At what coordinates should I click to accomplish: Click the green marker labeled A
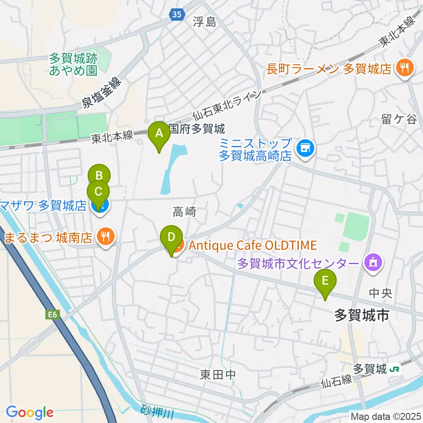click(160, 132)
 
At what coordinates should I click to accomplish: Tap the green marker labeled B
click(99, 176)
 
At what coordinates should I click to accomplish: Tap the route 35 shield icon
click(177, 15)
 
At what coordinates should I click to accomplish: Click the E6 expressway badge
click(52, 314)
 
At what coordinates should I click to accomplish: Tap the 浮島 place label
click(204, 22)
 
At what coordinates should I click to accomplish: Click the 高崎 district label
click(184, 212)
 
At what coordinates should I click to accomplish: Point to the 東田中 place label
click(218, 375)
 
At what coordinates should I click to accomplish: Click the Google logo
click(30, 412)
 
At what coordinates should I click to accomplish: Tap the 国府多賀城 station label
click(197, 129)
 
